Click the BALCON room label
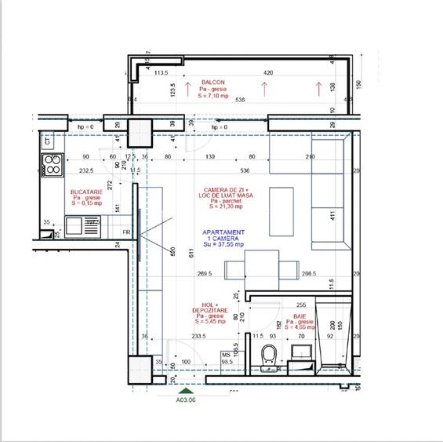click(x=212, y=82)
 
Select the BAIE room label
click(x=300, y=316)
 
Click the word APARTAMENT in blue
click(x=223, y=232)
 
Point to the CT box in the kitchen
click(x=47, y=142)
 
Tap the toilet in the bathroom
click(x=268, y=354)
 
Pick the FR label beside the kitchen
click(x=126, y=232)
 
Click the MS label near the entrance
click(x=227, y=355)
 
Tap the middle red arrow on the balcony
click(x=263, y=89)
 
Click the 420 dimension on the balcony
click(x=268, y=73)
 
